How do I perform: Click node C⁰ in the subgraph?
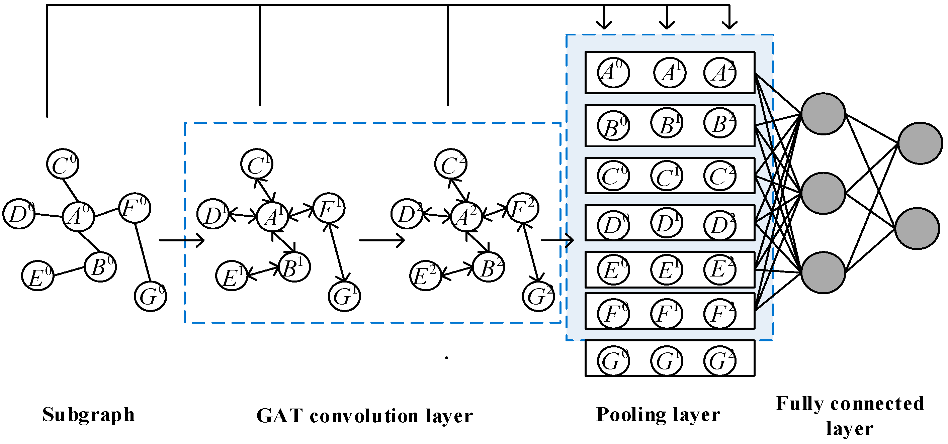(x=63, y=164)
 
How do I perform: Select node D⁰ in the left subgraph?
(x=19, y=214)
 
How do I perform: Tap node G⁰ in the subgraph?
(x=150, y=296)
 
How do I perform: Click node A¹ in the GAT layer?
(x=272, y=217)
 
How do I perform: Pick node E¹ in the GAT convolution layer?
(x=232, y=276)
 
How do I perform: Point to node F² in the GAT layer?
(x=523, y=208)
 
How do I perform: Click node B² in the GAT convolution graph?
(x=488, y=267)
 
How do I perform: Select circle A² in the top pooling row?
(x=719, y=73)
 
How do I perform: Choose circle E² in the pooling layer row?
(x=719, y=270)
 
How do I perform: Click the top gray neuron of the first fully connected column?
(x=823, y=114)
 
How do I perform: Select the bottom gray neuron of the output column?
(x=917, y=228)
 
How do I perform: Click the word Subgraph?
(x=88, y=415)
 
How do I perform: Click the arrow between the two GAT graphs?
(x=381, y=240)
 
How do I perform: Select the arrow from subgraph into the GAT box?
(x=181, y=240)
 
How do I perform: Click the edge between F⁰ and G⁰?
(x=143, y=252)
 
